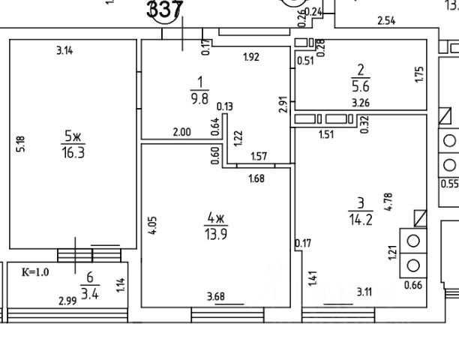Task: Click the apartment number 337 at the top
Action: click(x=165, y=10)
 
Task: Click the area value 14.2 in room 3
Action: click(x=358, y=218)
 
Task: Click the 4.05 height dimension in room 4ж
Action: click(x=153, y=226)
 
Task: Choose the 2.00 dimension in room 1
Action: click(x=182, y=132)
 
